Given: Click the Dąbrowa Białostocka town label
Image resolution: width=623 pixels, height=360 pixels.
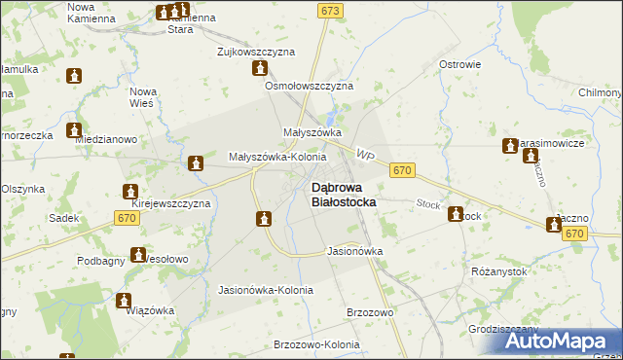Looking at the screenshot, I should click(343, 194).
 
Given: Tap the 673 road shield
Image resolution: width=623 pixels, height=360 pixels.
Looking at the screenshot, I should click(330, 10).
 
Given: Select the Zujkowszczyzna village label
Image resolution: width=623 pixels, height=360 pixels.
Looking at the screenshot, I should click(256, 51).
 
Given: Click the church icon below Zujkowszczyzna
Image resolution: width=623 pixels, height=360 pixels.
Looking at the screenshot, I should click(260, 68).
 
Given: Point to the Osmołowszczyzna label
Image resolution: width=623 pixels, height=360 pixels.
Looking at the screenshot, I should click(309, 86).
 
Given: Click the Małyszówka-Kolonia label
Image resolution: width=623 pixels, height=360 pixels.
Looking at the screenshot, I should click(276, 156).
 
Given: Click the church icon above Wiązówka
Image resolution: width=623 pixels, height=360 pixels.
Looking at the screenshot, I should click(124, 301).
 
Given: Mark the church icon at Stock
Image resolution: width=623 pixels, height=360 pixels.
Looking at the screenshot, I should click(455, 215).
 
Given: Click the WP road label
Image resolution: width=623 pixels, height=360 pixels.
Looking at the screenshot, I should click(365, 156).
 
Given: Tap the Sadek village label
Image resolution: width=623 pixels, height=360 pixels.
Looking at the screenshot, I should click(64, 218).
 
